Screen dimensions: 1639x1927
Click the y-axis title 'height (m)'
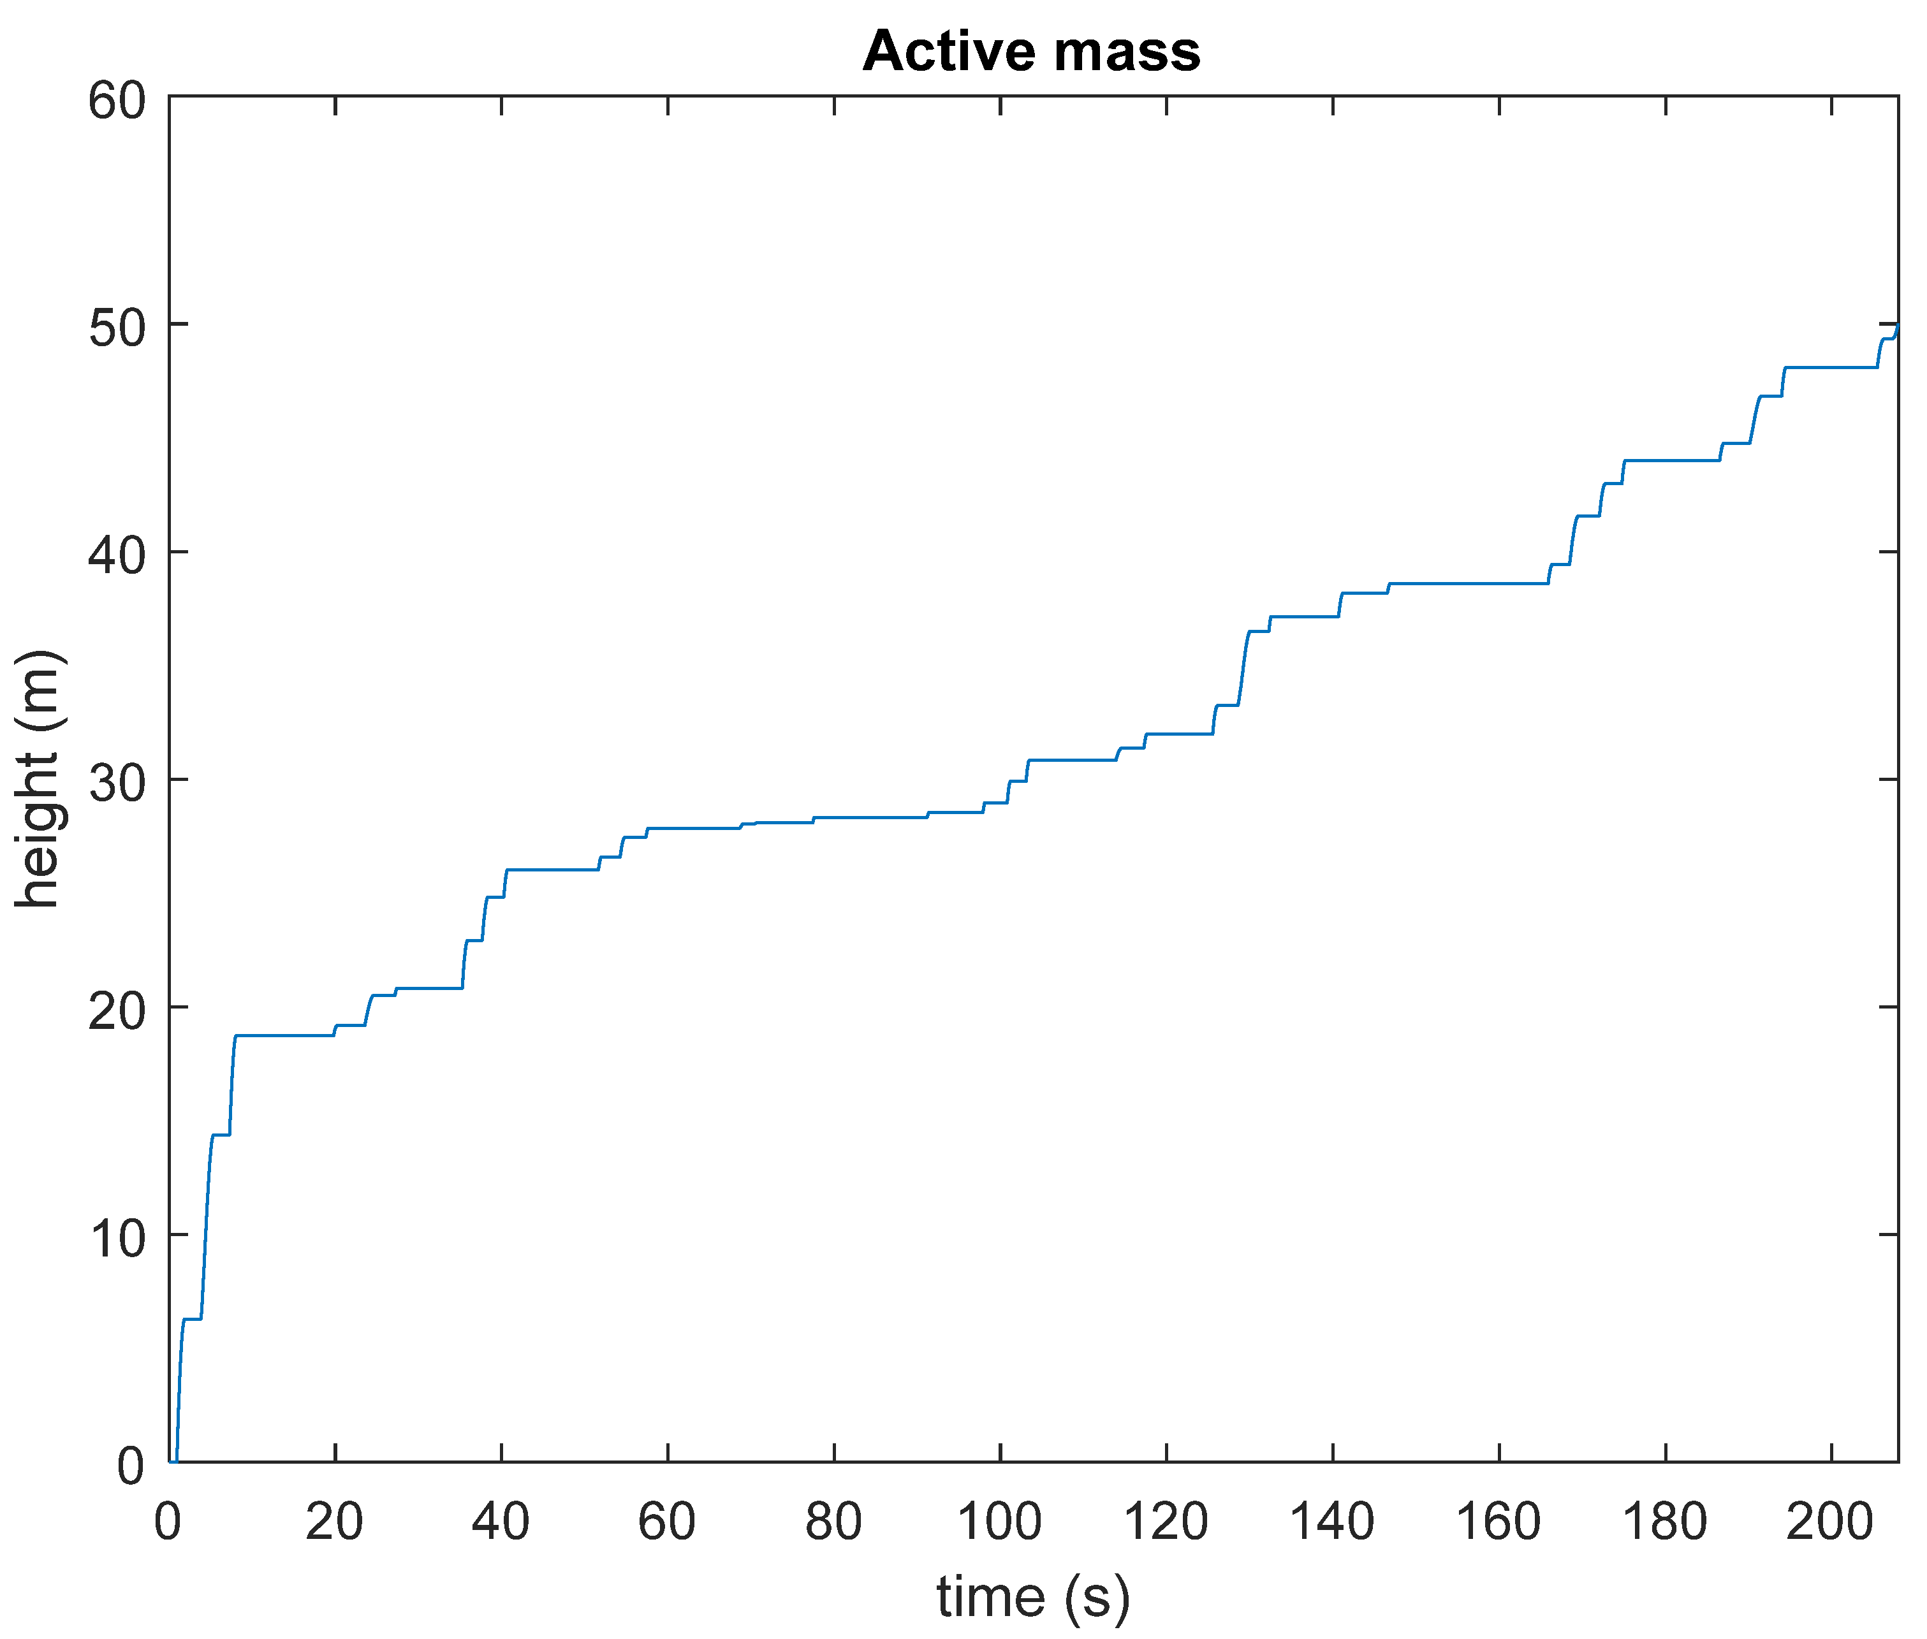click(39, 778)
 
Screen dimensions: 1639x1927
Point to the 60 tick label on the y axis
click(117, 100)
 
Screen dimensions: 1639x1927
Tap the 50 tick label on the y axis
click(117, 327)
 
